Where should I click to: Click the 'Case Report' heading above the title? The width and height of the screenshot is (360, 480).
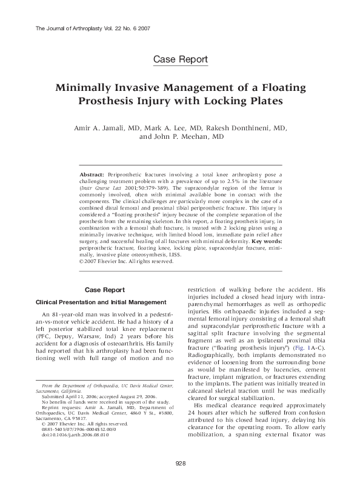180,59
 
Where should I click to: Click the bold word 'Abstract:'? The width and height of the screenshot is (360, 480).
92,174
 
